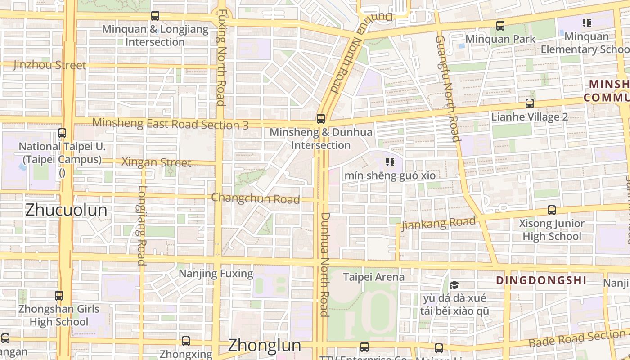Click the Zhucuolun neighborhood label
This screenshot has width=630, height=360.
coord(66,210)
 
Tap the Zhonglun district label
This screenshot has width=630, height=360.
coord(264,345)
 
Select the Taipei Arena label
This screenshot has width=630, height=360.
coord(374,277)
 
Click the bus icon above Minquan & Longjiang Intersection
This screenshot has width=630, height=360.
coord(155,16)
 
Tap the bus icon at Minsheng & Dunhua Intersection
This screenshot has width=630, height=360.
coord(320,119)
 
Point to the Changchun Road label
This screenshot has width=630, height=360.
coord(255,198)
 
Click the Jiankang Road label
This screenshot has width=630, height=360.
coord(438,223)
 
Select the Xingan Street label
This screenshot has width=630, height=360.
coord(157,162)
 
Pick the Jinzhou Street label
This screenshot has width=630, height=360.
coord(49,65)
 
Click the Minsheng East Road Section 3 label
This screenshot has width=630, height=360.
coord(170,124)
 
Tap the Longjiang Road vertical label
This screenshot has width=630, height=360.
coord(142,225)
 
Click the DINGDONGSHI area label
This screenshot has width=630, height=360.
coord(541,280)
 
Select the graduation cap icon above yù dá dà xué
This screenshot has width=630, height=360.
coord(454,285)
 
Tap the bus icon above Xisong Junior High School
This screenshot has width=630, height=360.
coord(551,210)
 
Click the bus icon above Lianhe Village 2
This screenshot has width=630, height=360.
coord(530,103)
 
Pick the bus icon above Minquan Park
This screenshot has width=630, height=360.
coord(500,26)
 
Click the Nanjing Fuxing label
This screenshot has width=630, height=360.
coord(216,273)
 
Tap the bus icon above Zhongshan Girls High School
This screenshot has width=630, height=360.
coord(59,296)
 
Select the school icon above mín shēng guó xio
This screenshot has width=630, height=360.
coord(390,162)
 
